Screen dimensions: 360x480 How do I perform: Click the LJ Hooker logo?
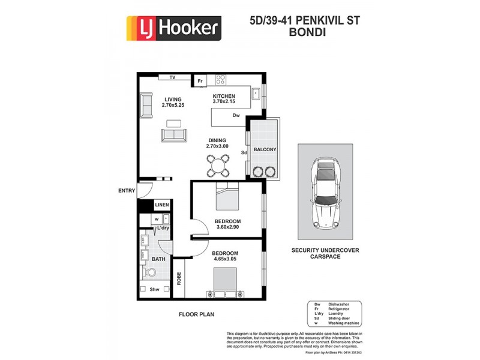[x=173, y=28]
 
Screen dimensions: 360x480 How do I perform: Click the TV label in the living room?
[x=172, y=77]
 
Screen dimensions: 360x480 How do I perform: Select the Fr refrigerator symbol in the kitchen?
[x=200, y=81]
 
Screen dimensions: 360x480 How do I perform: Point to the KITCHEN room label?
[x=224, y=96]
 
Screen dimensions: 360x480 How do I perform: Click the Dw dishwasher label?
[x=236, y=115]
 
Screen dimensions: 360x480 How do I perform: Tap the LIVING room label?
[x=173, y=100]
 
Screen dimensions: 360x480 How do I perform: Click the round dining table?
[x=218, y=164]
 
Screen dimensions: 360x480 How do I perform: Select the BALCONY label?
[x=265, y=149]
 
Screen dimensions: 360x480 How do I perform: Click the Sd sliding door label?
[x=244, y=153]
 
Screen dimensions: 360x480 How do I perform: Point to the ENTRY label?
[x=126, y=191]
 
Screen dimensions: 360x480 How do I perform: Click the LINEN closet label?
[x=162, y=205]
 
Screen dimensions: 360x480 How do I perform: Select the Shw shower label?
[x=155, y=289]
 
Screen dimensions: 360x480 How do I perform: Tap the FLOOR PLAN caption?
[x=197, y=314]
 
